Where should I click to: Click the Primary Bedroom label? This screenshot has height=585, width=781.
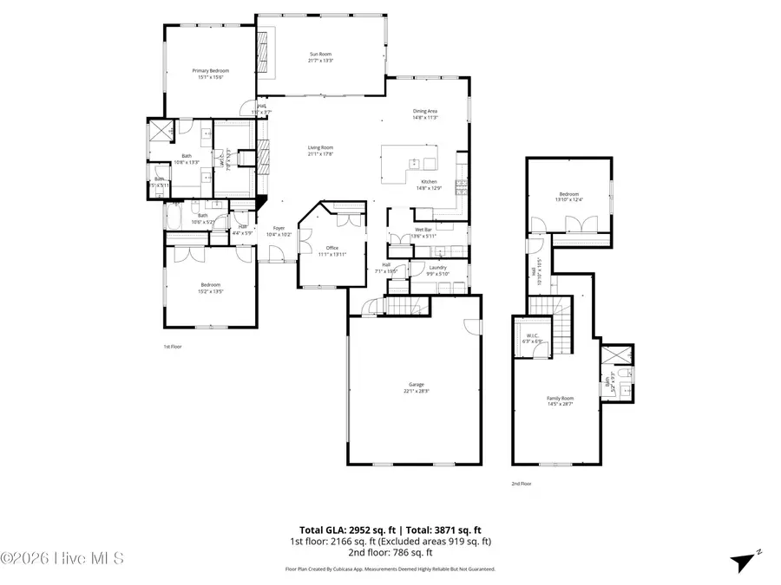(208, 74)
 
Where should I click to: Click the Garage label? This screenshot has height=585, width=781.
(416, 387)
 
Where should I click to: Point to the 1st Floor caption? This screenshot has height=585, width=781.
(173, 346)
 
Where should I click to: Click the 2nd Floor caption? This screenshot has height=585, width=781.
(521, 484)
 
